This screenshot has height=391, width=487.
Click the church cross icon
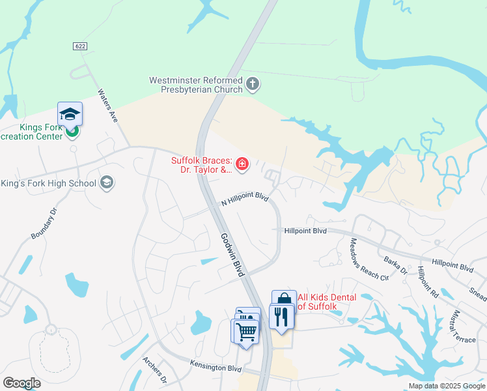click(x=253, y=84)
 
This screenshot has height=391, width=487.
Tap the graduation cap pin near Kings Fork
click(x=70, y=114)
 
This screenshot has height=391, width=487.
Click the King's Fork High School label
click(x=49, y=183)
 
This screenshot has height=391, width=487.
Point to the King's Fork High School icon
click(x=107, y=183)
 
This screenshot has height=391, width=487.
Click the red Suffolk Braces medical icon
click(x=242, y=164)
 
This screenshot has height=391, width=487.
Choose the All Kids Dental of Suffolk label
click(x=326, y=302)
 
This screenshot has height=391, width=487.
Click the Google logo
click(x=22, y=383)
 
